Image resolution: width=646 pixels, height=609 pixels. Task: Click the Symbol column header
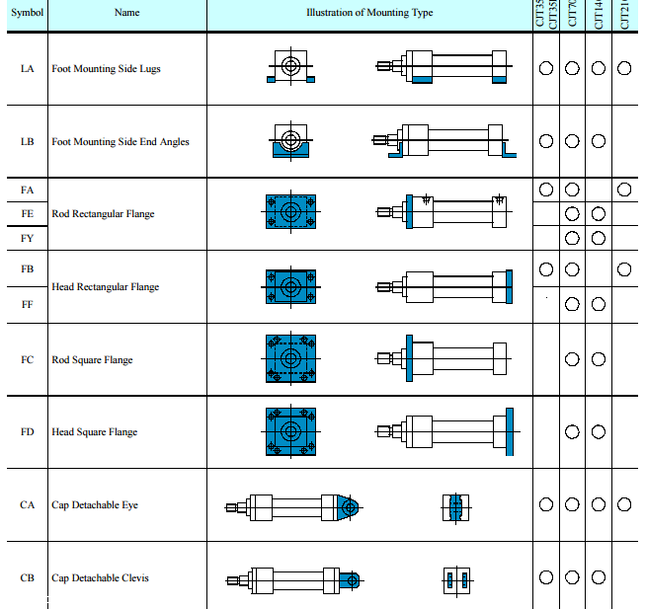point(27,13)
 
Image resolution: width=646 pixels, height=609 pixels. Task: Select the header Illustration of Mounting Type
point(369,13)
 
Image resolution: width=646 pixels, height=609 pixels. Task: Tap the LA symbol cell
point(27,69)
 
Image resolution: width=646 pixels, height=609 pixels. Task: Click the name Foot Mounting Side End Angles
point(120,141)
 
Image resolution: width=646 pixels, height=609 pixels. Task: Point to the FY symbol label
point(27,238)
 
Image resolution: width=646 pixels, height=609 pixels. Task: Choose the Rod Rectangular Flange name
point(103,213)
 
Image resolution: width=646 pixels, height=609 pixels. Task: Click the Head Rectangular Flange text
point(105,287)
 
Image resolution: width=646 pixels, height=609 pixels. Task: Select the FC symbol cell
point(27,360)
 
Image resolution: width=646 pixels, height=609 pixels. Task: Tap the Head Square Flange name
point(94,432)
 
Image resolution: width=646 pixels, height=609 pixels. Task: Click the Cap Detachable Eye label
point(95,505)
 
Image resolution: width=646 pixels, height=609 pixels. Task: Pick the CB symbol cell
point(27,578)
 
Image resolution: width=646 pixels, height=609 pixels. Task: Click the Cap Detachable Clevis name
point(100,578)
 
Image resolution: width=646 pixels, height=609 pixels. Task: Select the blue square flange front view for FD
point(290,432)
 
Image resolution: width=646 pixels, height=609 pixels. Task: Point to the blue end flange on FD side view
point(510,431)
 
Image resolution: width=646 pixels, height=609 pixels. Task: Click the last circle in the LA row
point(624,69)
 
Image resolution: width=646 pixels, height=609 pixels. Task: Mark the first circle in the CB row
point(546,578)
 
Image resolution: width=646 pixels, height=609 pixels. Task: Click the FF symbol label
point(27,305)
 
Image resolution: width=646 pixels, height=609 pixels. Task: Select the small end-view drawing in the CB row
point(455,579)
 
